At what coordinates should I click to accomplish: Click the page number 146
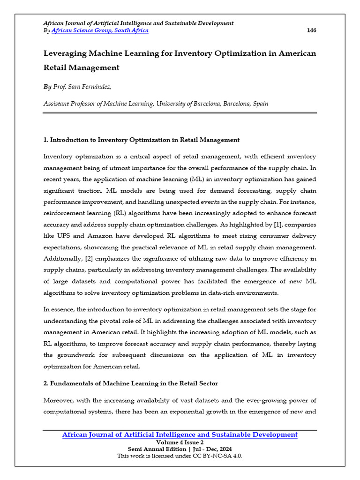click(311, 30)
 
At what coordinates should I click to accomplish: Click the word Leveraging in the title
click(66, 53)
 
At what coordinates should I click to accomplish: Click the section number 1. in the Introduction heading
click(45, 140)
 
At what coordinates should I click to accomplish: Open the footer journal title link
click(180, 435)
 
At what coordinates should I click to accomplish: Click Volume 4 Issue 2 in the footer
click(180, 442)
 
